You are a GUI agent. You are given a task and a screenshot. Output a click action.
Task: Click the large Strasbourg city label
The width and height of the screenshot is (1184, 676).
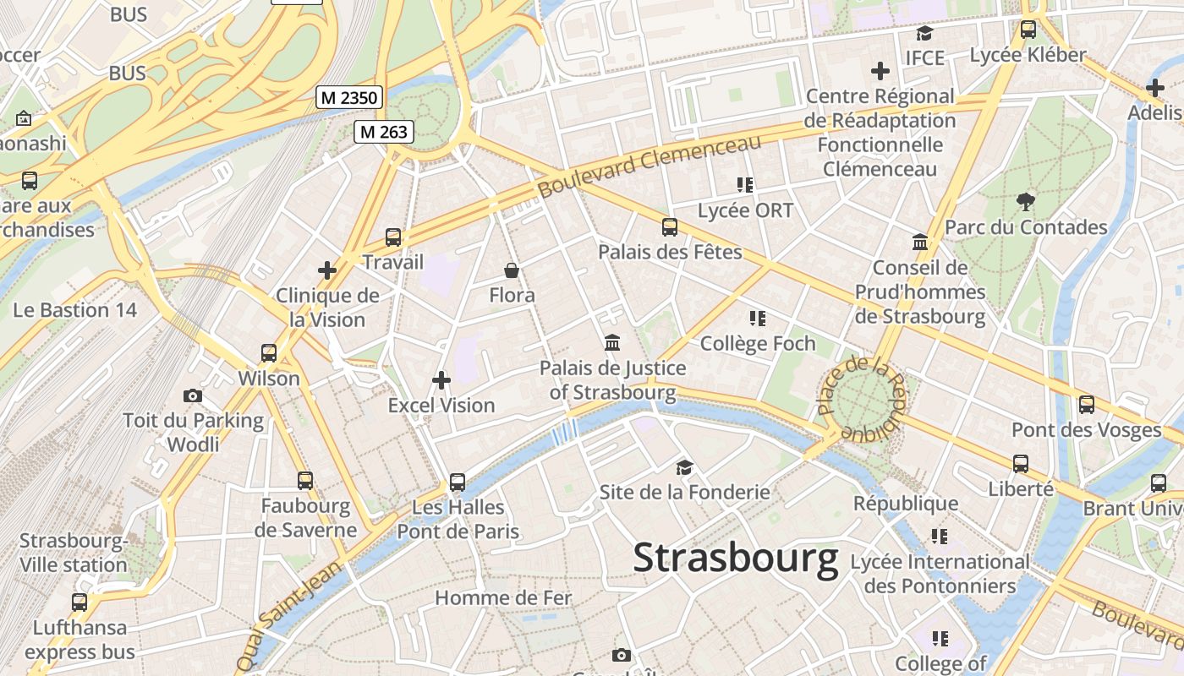point(735,559)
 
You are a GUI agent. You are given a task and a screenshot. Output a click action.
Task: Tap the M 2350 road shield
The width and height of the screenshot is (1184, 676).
point(349,97)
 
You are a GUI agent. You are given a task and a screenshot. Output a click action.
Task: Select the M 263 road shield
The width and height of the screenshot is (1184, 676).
point(383,131)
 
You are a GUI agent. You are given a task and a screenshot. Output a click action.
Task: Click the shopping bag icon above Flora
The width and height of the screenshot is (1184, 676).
point(512,270)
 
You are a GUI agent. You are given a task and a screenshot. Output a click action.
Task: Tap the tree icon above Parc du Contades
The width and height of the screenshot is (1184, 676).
point(1026,201)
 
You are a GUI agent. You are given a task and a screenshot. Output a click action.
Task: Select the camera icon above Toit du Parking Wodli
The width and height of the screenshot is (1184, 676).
point(193,395)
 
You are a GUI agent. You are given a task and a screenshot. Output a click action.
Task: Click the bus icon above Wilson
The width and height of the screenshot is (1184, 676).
point(269,352)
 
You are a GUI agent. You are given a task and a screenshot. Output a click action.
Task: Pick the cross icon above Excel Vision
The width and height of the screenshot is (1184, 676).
point(441,380)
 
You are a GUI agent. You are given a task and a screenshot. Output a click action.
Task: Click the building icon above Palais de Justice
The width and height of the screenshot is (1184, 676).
point(612,343)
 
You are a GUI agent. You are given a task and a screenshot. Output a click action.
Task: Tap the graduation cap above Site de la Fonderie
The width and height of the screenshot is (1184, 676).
point(684,466)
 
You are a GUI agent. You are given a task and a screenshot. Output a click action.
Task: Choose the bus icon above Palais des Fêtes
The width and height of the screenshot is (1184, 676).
point(670,226)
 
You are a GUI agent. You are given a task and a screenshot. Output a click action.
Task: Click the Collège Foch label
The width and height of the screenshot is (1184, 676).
point(758,343)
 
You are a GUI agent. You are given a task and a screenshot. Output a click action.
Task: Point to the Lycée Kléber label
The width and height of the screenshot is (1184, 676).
point(1028,55)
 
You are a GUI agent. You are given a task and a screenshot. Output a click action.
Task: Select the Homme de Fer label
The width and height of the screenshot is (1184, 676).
point(503,598)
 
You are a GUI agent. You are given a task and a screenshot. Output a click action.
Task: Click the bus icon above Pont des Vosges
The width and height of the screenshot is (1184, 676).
point(1087,404)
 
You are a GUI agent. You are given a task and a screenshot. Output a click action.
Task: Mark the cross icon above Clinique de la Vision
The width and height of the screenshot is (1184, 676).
point(327,270)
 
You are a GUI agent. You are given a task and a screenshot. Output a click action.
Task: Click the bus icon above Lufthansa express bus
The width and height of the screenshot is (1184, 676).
point(79,602)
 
